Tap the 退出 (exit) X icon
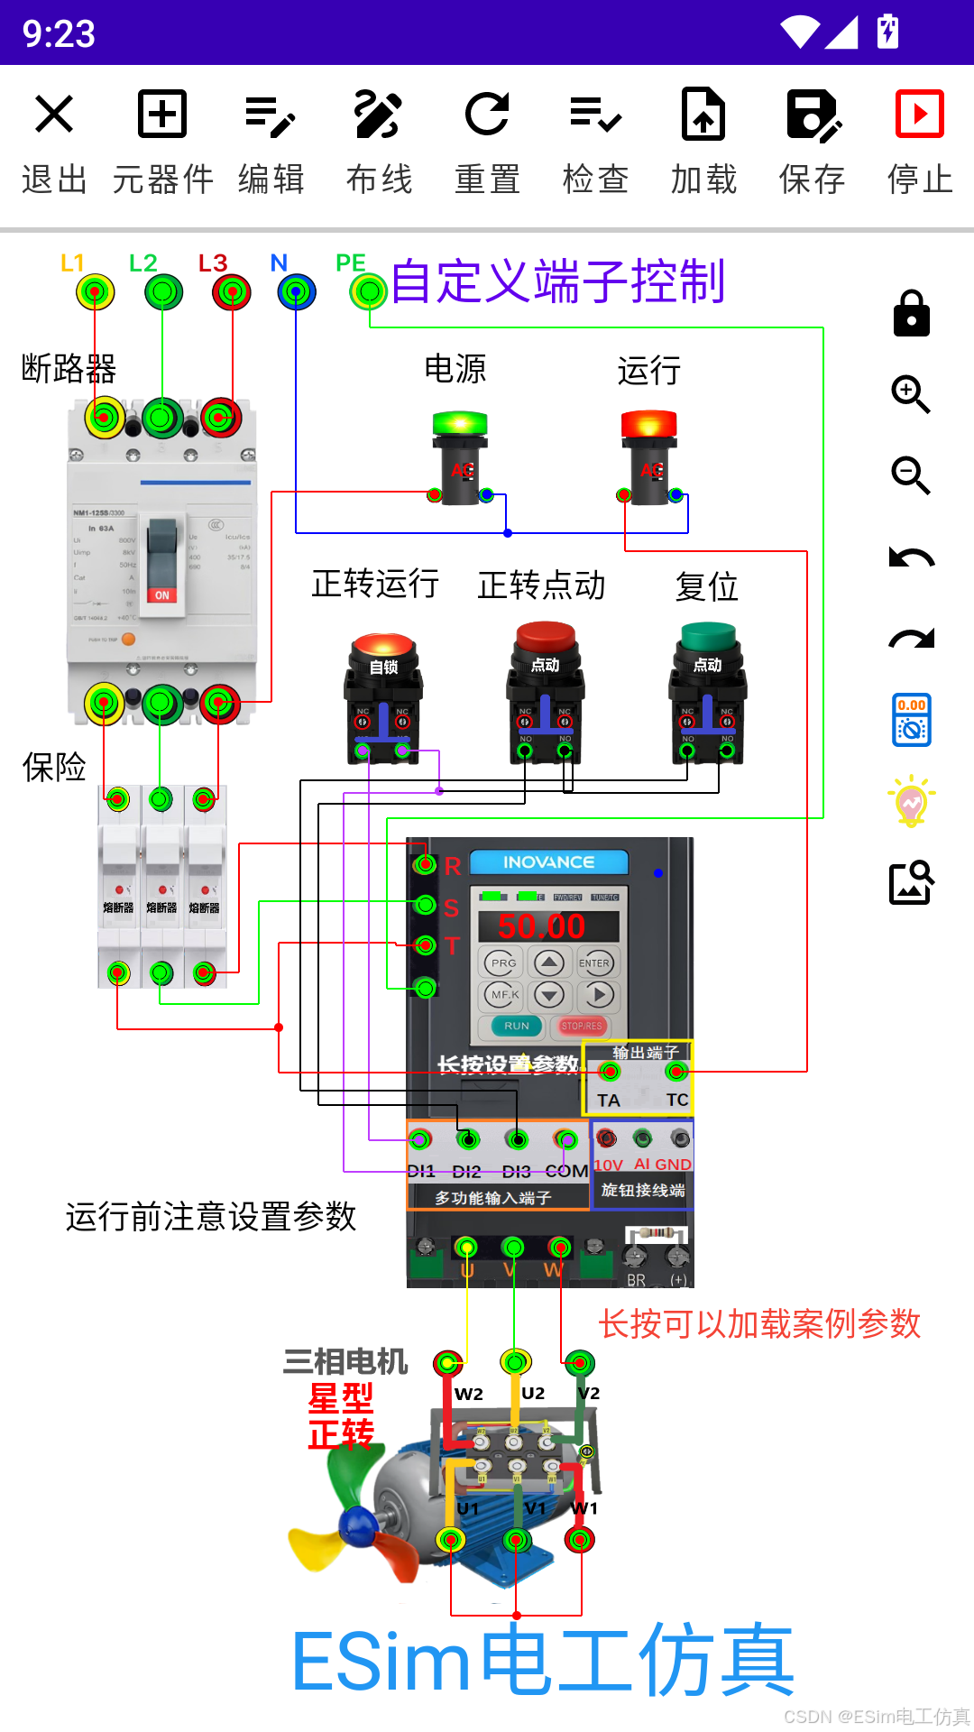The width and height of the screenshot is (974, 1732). [x=54, y=115]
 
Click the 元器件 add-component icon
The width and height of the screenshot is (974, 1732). [x=162, y=115]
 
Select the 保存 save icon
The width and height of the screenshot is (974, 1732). [x=813, y=115]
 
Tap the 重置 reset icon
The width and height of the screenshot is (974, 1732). [x=487, y=115]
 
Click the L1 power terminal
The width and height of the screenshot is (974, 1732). [x=95, y=292]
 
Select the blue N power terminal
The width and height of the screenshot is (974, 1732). [x=297, y=292]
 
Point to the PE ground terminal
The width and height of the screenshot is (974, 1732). [x=368, y=291]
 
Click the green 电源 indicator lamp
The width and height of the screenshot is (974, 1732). [x=460, y=424]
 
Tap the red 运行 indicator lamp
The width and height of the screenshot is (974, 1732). [x=648, y=424]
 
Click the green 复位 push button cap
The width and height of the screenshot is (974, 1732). [x=708, y=636]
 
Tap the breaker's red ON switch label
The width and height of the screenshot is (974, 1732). [x=162, y=595]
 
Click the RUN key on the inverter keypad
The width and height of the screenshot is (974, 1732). [x=517, y=1026]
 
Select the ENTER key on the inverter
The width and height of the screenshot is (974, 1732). [x=594, y=963]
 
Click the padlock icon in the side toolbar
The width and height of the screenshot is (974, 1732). [x=911, y=314]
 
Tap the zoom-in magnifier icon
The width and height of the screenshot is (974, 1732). [x=911, y=394]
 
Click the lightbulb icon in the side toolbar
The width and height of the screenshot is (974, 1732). [x=911, y=801]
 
